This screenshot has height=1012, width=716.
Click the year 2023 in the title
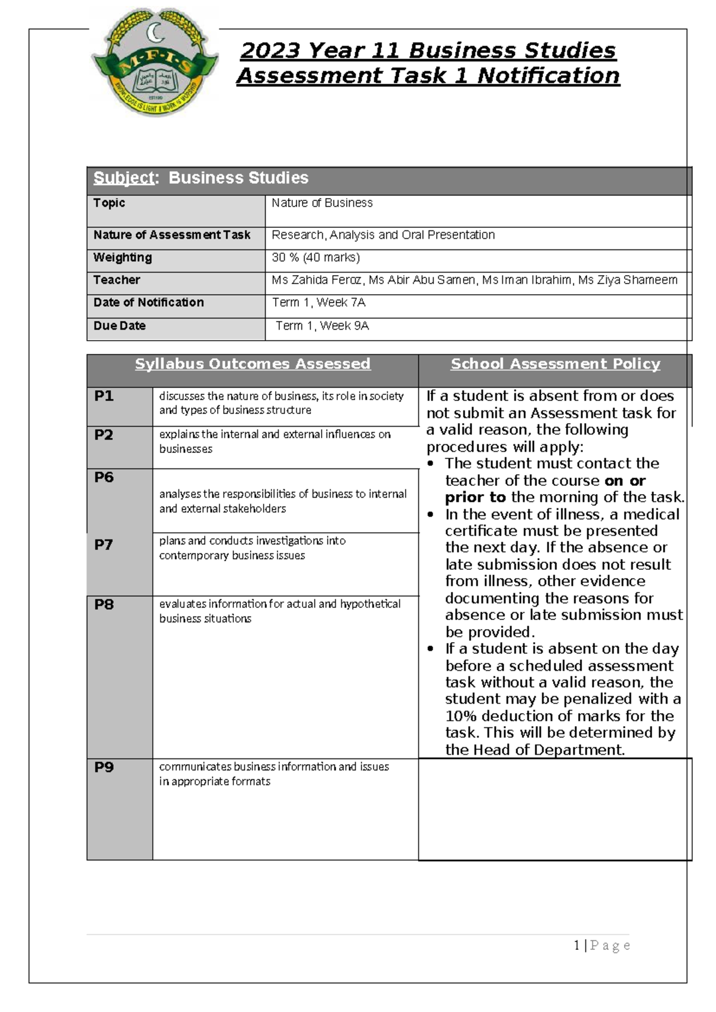point(268,51)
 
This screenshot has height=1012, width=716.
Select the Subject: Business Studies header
point(200,178)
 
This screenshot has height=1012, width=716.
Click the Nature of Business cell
point(322,203)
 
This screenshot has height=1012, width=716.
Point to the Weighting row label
point(122,258)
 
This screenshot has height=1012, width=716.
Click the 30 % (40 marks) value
point(316,258)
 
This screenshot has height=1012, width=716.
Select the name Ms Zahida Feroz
point(316,280)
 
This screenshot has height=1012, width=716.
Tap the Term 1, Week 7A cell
point(319,303)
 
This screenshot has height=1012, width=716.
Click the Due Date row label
point(119,326)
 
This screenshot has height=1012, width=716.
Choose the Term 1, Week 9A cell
point(322,326)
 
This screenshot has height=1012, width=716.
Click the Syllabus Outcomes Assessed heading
point(252,364)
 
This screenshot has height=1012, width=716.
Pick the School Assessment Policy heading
point(555,364)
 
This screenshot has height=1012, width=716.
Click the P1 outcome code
point(104,396)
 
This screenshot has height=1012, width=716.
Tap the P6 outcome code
point(104,477)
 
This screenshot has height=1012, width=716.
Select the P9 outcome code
point(104,767)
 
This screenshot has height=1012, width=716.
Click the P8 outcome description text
point(279,611)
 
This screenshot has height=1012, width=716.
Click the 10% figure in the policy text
point(461,716)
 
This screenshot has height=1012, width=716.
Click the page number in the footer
point(577,945)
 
